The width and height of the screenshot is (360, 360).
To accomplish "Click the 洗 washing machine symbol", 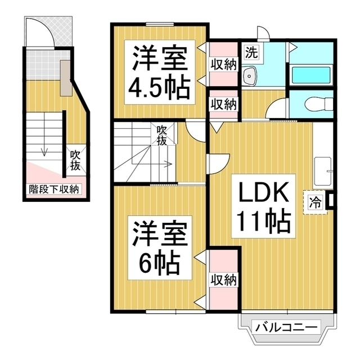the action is (x=252, y=53).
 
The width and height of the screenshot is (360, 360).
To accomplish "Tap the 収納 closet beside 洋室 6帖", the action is (x=223, y=280).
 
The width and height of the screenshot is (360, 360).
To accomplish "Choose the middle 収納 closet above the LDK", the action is (x=223, y=104).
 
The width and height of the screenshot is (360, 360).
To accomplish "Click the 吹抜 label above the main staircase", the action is (x=162, y=136).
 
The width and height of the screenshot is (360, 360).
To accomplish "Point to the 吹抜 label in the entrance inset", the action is (x=75, y=161).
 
